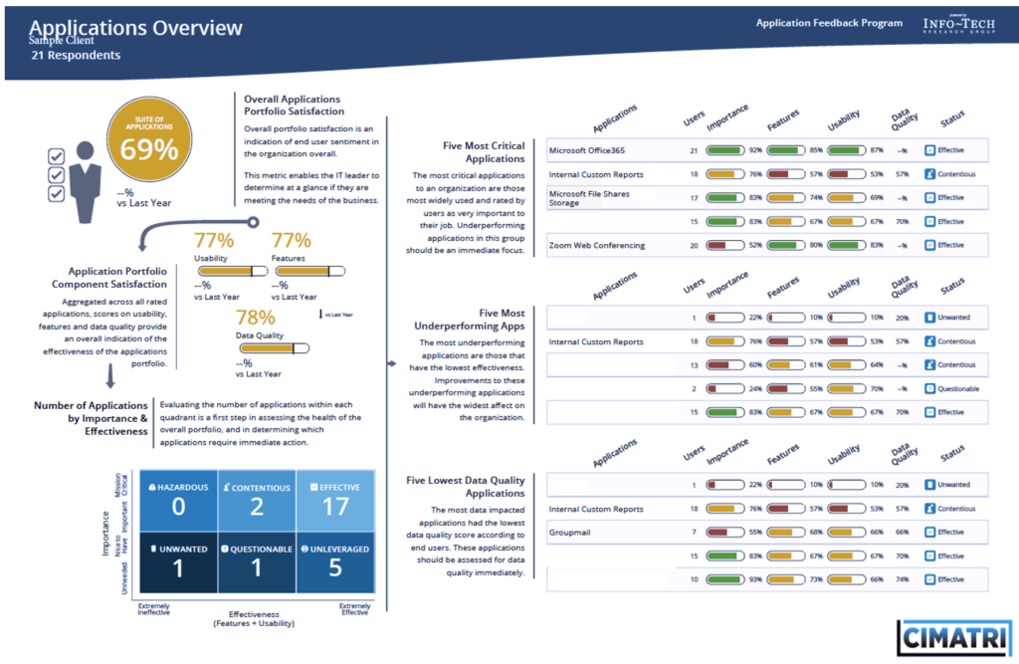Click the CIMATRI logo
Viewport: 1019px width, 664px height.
point(952,638)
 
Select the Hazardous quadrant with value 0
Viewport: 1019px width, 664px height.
point(178,499)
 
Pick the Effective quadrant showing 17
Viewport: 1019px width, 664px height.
point(335,499)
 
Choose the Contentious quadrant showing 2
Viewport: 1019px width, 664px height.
point(257,499)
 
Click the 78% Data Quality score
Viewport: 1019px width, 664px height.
point(255,318)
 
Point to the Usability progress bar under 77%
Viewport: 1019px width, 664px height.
point(228,269)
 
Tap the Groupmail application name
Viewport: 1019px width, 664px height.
point(570,533)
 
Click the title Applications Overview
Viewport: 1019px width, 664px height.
point(136,28)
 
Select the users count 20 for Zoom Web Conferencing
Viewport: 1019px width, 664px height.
point(694,245)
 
